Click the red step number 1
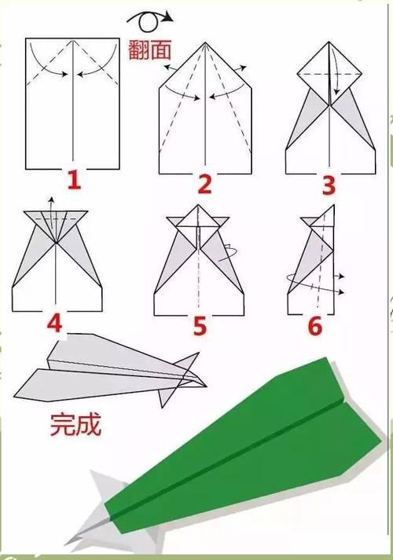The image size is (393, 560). pyautogui.click(x=73, y=182)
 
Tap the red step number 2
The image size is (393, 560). pyautogui.click(x=204, y=185)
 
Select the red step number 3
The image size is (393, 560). pyautogui.click(x=329, y=185)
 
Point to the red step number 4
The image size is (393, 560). pyautogui.click(x=55, y=324)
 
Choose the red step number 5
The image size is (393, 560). pyautogui.click(x=200, y=325)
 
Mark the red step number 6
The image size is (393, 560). pyautogui.click(x=315, y=325)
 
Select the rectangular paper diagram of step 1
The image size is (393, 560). pyautogui.click(x=72, y=102)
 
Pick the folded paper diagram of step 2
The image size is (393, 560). pyautogui.click(x=206, y=110)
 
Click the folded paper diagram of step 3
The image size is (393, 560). pyautogui.click(x=330, y=110)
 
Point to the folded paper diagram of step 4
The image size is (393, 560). pyautogui.click(x=57, y=259)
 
